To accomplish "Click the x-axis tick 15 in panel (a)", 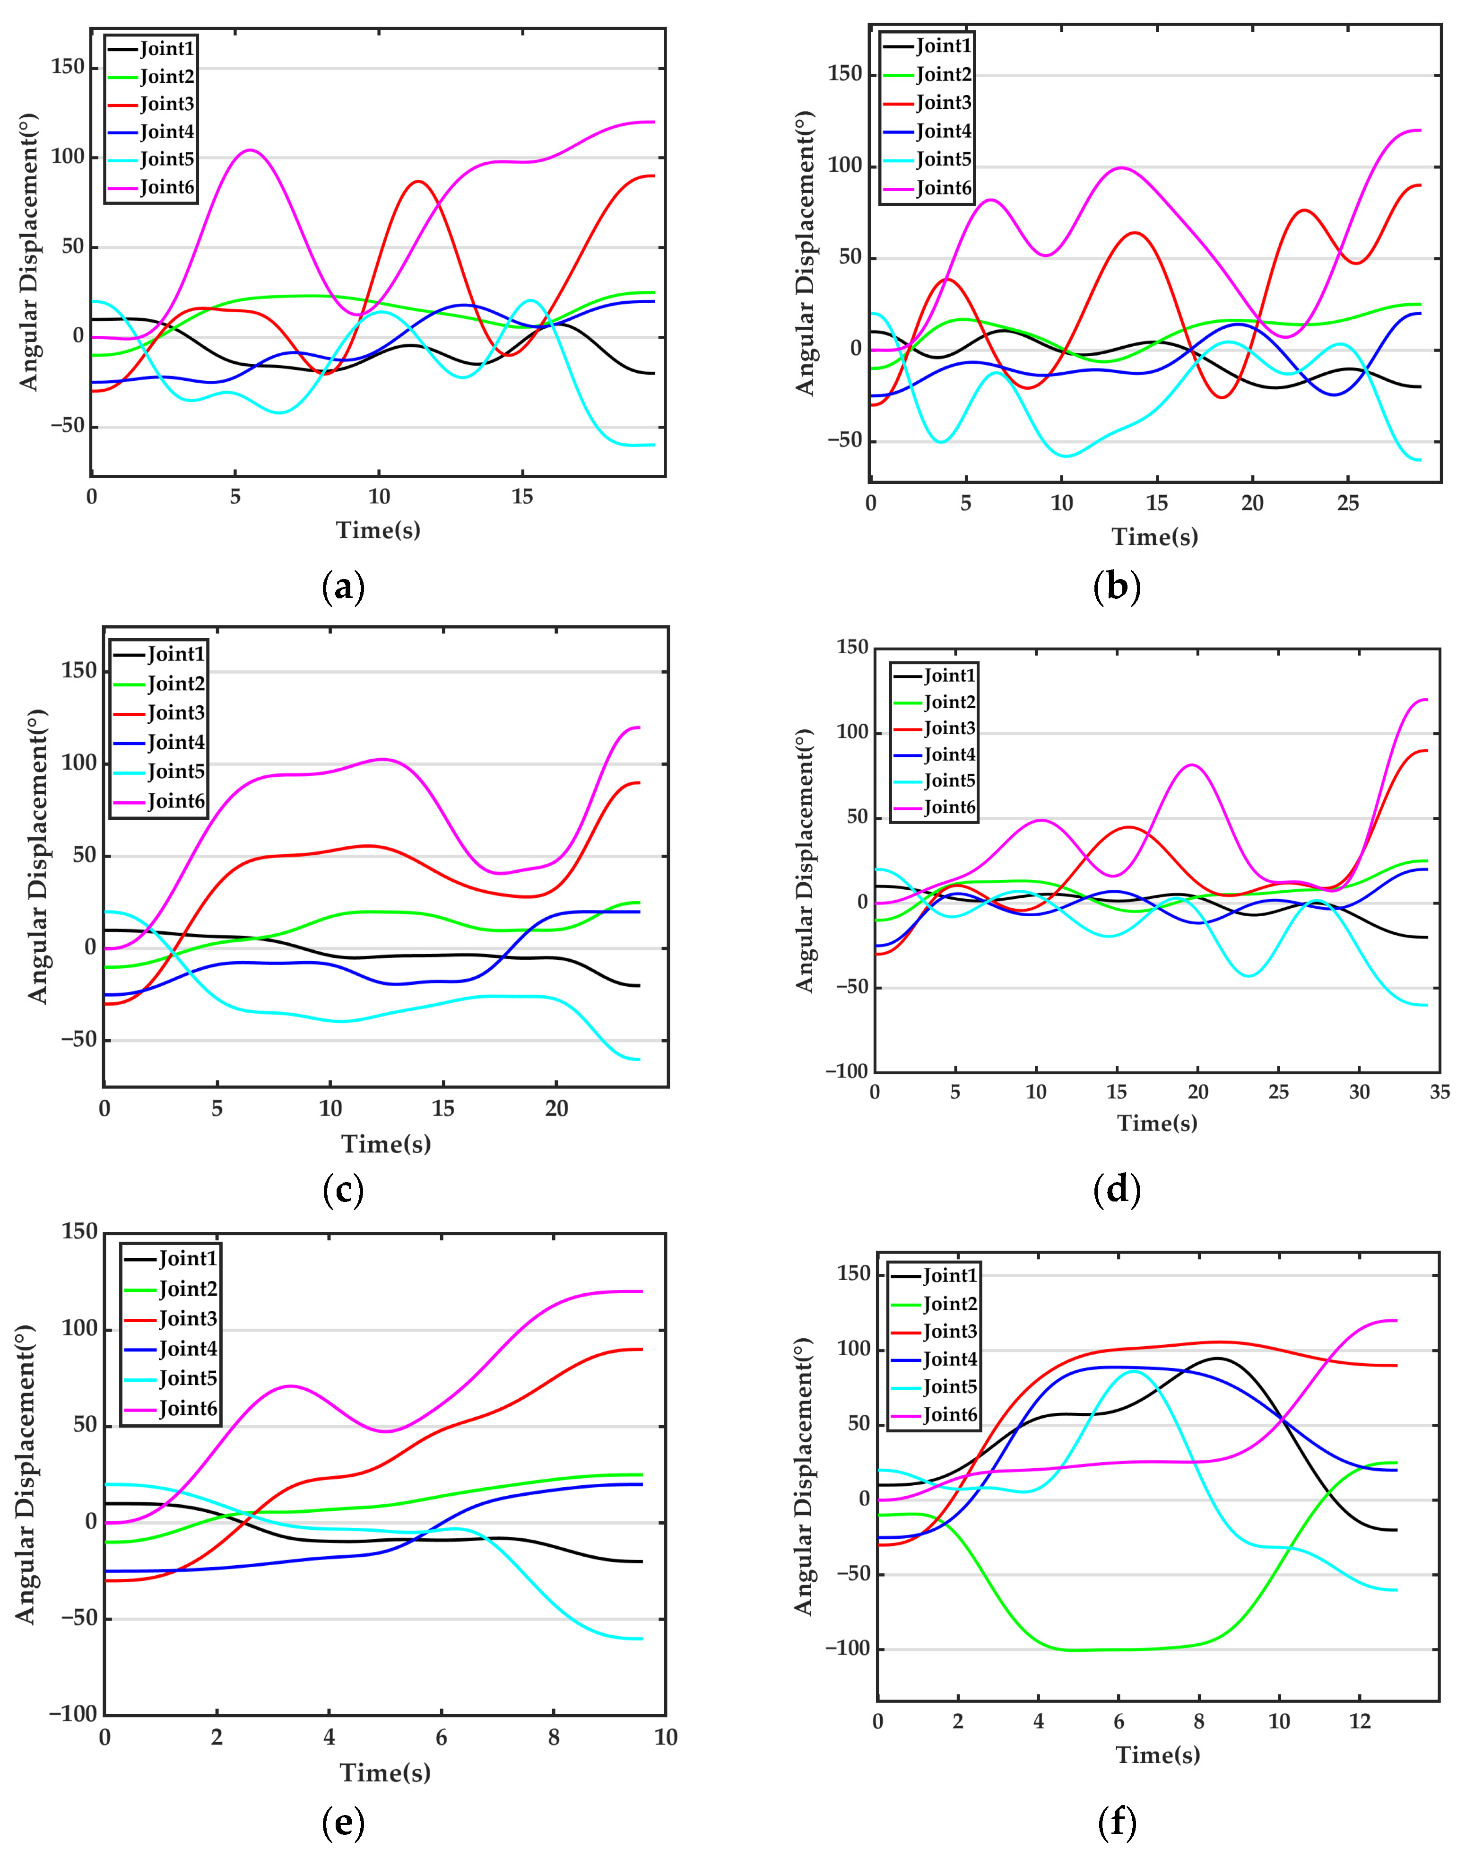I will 522,497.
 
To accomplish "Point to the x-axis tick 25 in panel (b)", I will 1348,503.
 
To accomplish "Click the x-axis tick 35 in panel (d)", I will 1439,1091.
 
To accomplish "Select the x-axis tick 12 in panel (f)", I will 1360,1721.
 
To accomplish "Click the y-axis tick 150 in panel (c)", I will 79,671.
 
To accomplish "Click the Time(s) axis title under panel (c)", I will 386,1143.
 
